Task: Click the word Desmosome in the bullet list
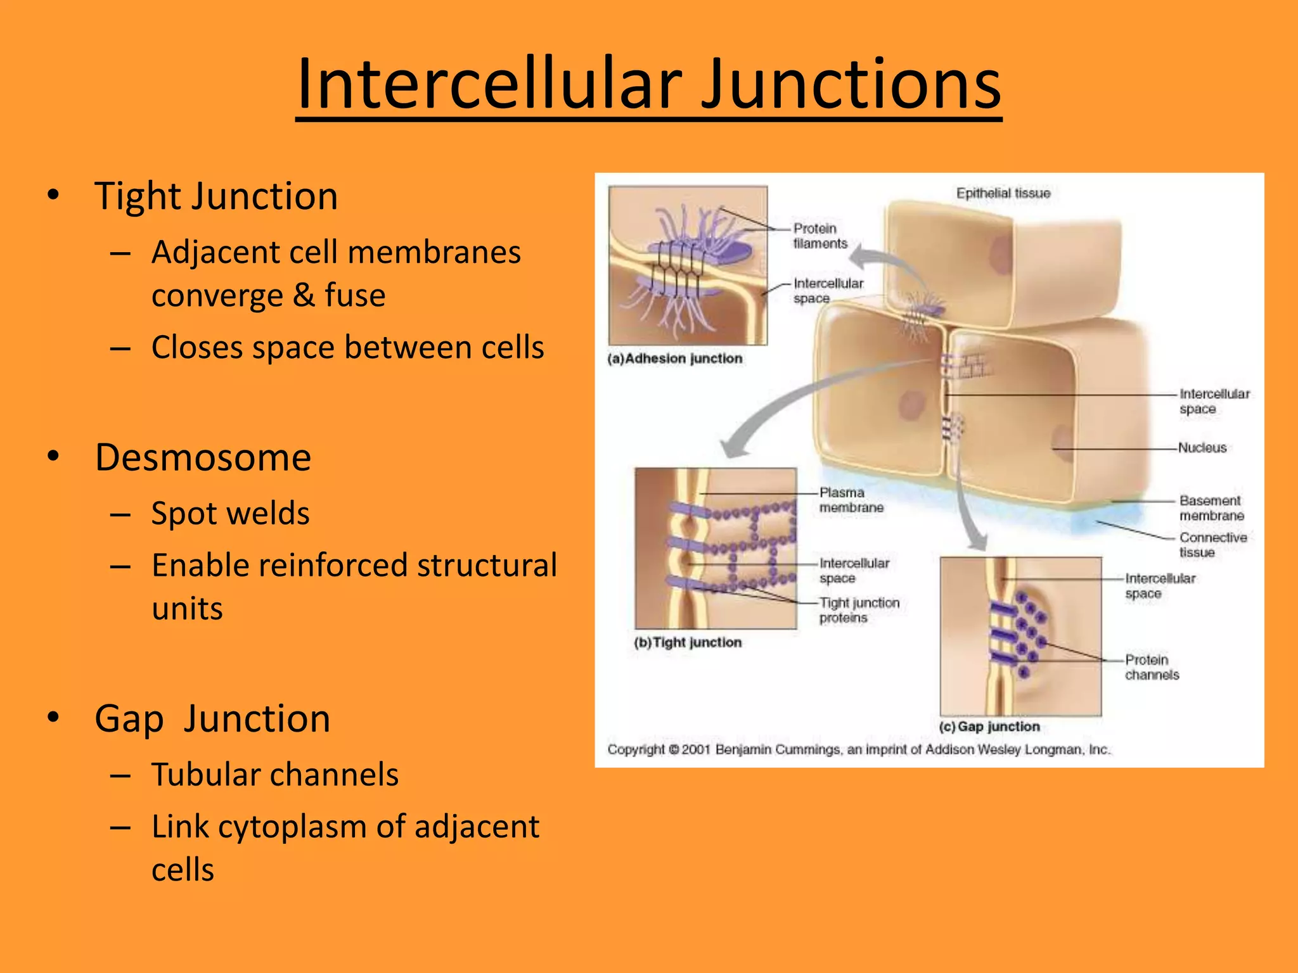coord(203,457)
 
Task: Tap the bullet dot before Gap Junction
coord(53,717)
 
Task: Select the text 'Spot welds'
coord(230,513)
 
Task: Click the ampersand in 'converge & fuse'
coord(304,295)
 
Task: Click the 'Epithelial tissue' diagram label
coord(1003,193)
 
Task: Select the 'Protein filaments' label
coord(820,236)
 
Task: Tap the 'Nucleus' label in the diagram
coord(1202,448)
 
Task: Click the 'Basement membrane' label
coord(1211,508)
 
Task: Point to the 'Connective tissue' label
coord(1212,545)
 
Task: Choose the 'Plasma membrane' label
coord(851,500)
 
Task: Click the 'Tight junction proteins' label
coord(859,610)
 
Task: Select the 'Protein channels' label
coord(1152,667)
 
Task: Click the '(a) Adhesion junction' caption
coord(675,359)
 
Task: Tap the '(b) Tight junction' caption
coord(688,642)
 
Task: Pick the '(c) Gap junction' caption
coord(989,727)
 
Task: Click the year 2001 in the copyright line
coord(696,750)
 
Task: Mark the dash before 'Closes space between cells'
coord(120,348)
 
